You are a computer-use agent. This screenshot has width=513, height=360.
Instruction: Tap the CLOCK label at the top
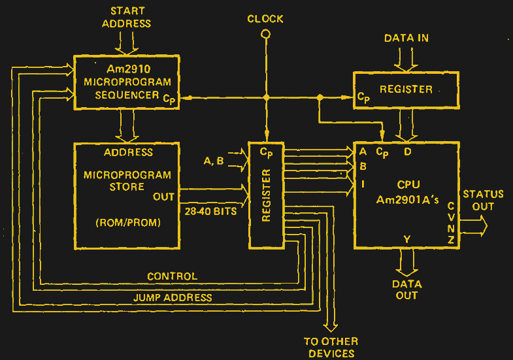tap(265, 19)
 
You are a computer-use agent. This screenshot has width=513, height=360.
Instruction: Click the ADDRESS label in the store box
tap(128, 152)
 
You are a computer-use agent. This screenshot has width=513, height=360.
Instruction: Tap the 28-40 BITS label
tap(210, 211)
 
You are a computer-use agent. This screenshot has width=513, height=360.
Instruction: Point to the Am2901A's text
tap(408, 199)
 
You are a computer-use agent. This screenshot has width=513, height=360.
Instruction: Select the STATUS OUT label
tap(483, 201)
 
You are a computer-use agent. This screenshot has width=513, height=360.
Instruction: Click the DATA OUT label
tap(406, 289)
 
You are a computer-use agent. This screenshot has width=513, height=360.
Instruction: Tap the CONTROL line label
tap(172, 276)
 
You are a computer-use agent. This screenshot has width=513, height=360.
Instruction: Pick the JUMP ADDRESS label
tap(173, 297)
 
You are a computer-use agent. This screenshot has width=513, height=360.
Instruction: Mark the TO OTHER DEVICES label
tap(331, 347)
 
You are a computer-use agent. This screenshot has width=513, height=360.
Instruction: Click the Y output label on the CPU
tap(406, 240)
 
